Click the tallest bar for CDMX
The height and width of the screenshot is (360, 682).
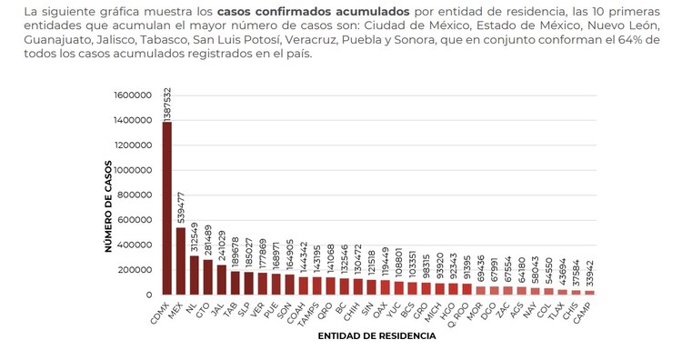click(166, 208)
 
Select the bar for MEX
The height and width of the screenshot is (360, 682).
click(180, 261)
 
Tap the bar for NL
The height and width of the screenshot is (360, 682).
click(194, 275)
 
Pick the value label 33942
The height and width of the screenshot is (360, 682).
click(589, 270)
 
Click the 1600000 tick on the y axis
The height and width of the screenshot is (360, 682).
click(132, 95)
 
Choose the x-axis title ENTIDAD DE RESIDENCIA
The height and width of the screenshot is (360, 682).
click(376, 335)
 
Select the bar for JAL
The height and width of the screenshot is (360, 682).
click(221, 279)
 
